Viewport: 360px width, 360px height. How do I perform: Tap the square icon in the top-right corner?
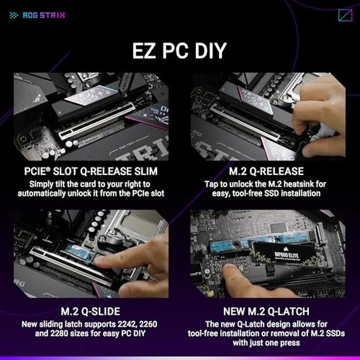coord(345,15)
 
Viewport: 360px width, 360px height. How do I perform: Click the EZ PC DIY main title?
coord(179,52)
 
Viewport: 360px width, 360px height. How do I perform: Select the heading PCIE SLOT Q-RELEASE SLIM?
coord(91,171)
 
